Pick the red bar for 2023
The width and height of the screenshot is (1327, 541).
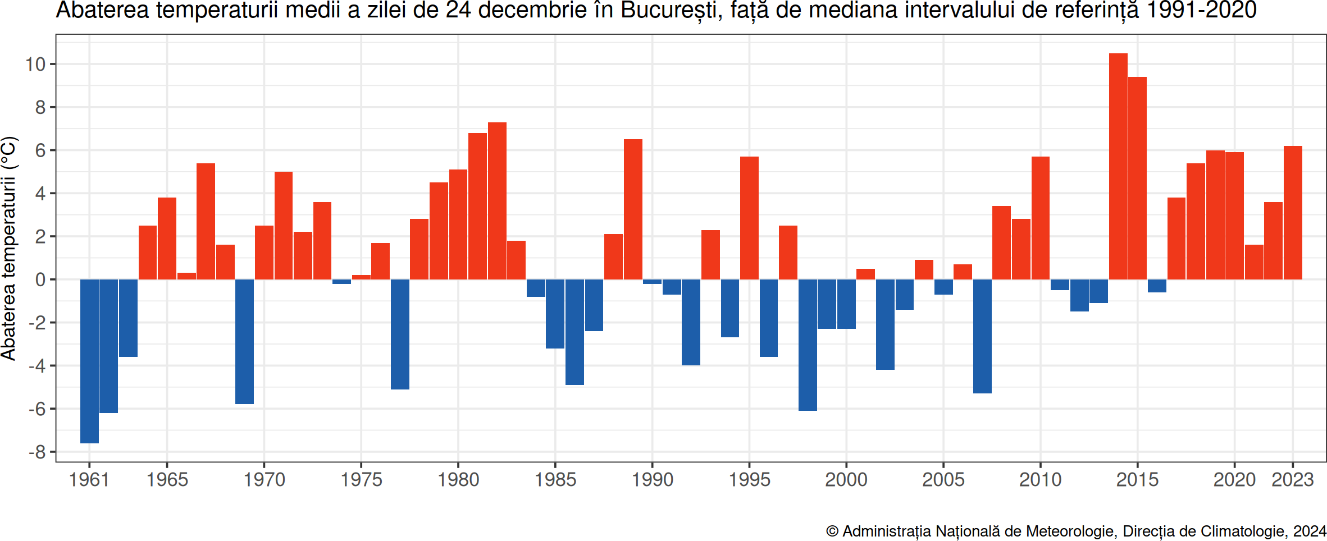(x=1293, y=213)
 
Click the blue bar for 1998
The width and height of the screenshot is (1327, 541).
(x=808, y=345)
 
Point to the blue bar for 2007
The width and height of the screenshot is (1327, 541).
(x=982, y=336)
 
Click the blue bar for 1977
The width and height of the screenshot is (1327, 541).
(x=400, y=334)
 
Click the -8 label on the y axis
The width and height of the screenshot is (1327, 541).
(x=37, y=452)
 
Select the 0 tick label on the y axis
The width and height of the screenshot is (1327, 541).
(x=40, y=279)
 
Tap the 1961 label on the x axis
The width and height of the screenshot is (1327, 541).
(x=89, y=480)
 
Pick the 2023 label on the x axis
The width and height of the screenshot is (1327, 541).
(x=1292, y=480)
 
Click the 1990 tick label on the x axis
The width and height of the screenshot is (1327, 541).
(x=652, y=480)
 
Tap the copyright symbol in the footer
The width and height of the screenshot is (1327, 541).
(x=832, y=531)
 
